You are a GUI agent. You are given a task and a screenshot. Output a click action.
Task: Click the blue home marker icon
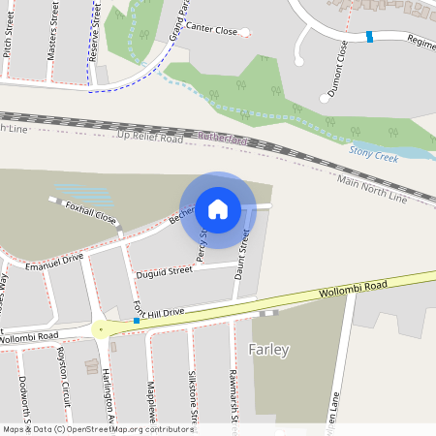pos(218,208)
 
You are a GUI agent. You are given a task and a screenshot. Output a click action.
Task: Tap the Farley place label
pos(268,349)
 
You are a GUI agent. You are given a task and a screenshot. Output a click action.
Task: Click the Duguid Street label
pos(165,272)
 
